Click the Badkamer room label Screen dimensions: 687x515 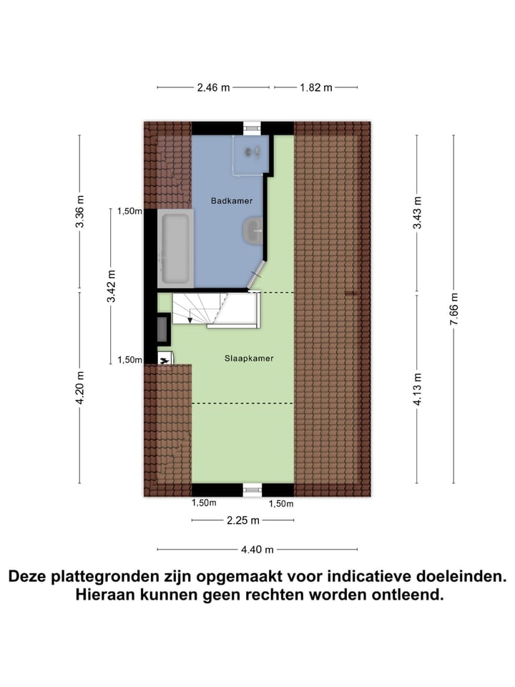232,201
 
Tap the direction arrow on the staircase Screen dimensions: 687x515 190,318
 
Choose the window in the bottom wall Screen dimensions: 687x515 253,490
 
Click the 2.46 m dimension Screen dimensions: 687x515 213,88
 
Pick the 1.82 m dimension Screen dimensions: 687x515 315,88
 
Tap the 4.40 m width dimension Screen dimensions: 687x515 257,550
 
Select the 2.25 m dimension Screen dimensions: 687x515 243,520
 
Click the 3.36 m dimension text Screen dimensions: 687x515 80,212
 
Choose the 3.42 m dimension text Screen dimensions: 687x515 111,286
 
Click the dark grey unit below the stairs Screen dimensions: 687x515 163,330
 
